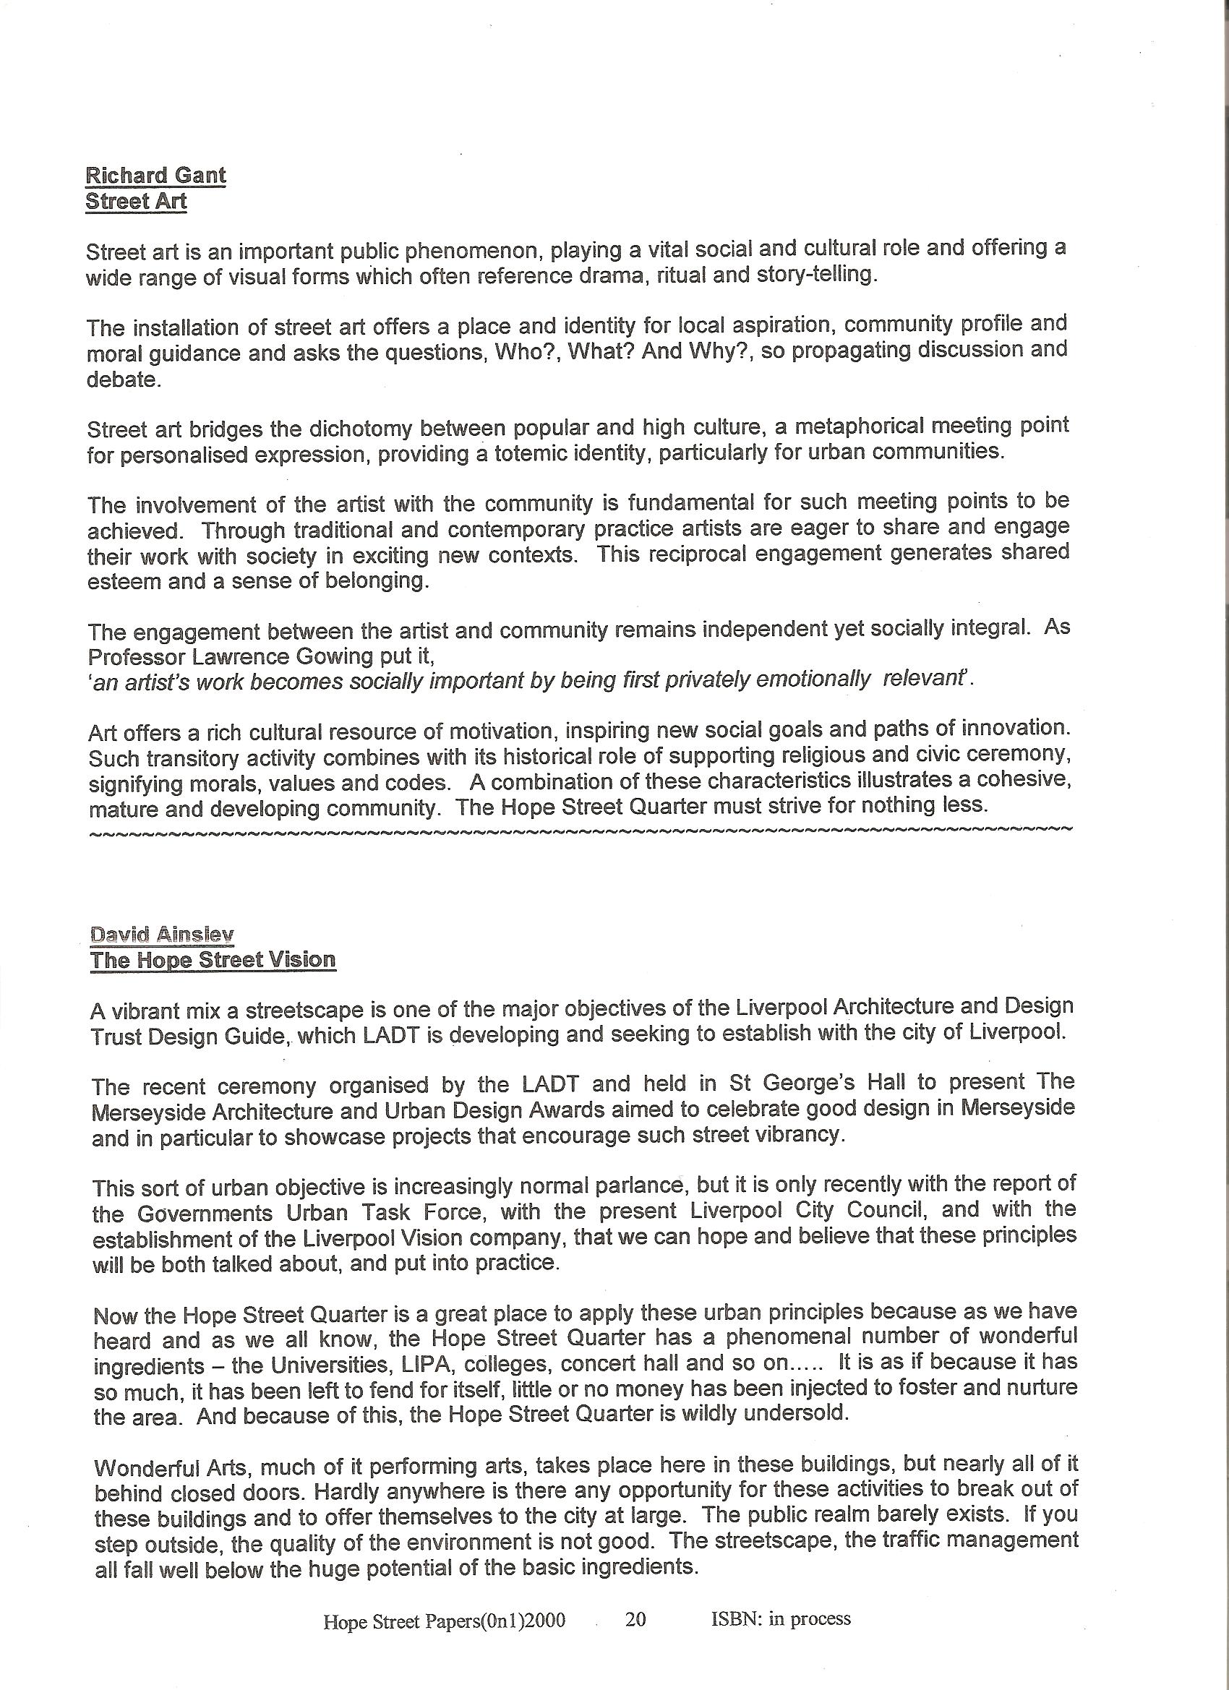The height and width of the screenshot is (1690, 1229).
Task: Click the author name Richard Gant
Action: pos(155,175)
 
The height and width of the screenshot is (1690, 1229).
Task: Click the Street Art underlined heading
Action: pos(136,201)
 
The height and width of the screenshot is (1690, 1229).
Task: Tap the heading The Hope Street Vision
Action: pos(213,960)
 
